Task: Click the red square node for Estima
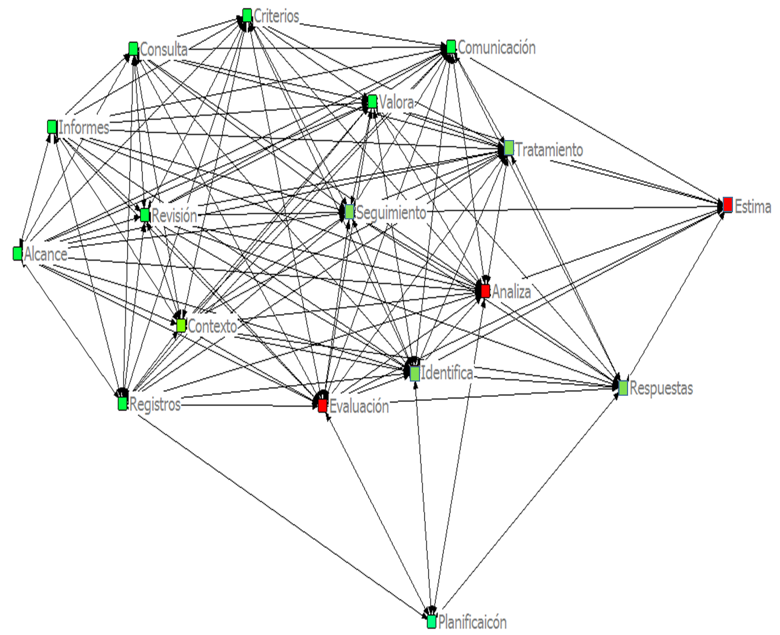pos(728,205)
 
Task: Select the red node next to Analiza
pos(485,291)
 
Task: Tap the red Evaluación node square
pos(323,405)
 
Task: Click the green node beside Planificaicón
pos(431,621)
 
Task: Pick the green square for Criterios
pos(247,15)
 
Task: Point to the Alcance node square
pos(18,253)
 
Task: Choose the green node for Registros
pos(122,403)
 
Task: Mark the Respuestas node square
pos(623,388)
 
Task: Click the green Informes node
pos(52,126)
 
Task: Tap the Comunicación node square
pos(451,46)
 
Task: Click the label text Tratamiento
pos(549,150)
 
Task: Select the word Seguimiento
pos(391,213)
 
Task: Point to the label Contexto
pos(212,326)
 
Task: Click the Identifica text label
pos(447,373)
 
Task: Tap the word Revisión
pos(174,215)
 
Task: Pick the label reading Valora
pos(396,102)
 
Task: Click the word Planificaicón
pos(472,622)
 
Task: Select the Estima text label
pos(753,206)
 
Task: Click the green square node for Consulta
pos(133,49)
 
